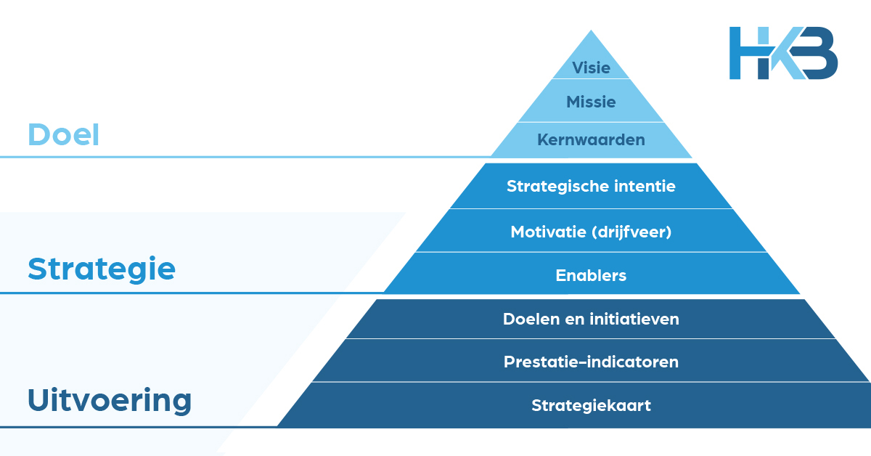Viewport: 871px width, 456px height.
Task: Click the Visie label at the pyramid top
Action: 591,68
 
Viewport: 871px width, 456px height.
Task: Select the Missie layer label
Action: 591,102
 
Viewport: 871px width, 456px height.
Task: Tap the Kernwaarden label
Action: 591,139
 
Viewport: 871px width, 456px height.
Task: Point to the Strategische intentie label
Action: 591,186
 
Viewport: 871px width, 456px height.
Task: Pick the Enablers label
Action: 591,275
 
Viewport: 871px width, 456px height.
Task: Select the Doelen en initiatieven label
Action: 591,318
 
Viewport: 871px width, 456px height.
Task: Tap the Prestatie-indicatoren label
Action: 591,362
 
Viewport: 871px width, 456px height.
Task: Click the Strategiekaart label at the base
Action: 591,405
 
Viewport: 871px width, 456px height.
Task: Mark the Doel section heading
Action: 63,135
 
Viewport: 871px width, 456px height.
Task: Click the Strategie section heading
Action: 102,269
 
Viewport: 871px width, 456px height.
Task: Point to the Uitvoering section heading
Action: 110,400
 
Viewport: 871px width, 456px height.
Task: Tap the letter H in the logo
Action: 748,53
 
